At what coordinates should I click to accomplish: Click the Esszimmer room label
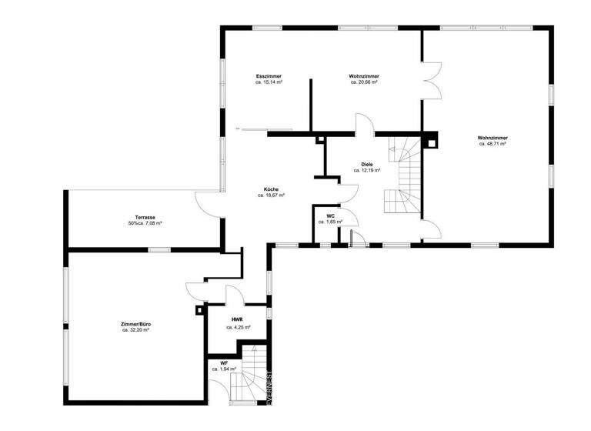pos(269,76)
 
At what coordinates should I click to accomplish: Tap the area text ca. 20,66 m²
pos(363,82)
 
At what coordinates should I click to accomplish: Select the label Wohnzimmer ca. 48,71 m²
pos(492,141)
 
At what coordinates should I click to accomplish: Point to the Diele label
pos(367,164)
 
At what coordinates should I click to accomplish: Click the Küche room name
pos(271,189)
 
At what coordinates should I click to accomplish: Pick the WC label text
pos(330,215)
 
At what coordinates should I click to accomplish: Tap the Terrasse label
pos(145,218)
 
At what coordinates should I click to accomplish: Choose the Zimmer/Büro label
pos(135,324)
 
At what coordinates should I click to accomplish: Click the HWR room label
pos(238,319)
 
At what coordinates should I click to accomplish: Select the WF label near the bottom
pos(224,363)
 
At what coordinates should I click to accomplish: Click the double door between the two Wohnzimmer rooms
pos(432,79)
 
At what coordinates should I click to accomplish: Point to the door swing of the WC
pos(346,216)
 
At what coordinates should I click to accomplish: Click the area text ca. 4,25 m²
pos(238,327)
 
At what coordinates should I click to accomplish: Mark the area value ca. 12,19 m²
pos(367,171)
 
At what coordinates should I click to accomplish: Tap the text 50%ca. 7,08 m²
pos(145,224)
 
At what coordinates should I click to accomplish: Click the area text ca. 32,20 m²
pos(135,330)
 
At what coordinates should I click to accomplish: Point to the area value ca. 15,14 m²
pos(269,82)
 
